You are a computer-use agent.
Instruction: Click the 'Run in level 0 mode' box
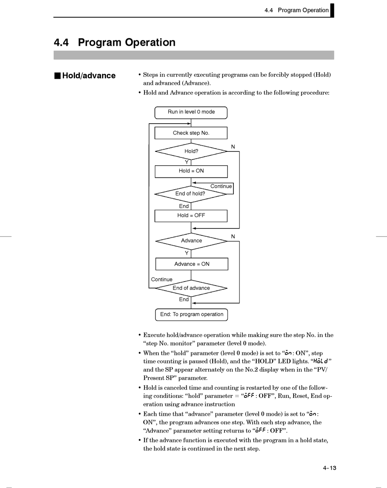(191, 112)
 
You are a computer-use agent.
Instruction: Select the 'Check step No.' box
(191, 133)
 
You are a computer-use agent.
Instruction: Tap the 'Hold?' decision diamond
(191, 151)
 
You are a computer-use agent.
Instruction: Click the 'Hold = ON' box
(191, 171)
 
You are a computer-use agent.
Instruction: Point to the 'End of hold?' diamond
(190, 194)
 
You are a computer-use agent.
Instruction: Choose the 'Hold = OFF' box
(191, 215)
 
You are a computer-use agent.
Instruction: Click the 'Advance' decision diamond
(191, 241)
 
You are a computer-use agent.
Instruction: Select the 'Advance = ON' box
(192, 264)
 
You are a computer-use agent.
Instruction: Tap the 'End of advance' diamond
(191, 288)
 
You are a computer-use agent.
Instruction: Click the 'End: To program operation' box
(191, 315)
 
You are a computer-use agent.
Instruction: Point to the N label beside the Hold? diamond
(233, 146)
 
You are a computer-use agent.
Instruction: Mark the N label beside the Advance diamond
(233, 236)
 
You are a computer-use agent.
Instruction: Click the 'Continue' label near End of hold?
(221, 186)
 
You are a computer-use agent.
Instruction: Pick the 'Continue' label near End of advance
(162, 279)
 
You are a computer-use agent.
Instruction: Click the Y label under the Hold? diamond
(187, 162)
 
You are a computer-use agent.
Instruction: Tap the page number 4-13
(330, 468)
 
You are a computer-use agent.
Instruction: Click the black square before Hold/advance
(57, 76)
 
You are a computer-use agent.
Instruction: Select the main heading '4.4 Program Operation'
(114, 42)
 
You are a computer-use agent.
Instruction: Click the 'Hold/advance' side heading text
(89, 76)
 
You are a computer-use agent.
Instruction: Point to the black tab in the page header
(332, 10)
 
